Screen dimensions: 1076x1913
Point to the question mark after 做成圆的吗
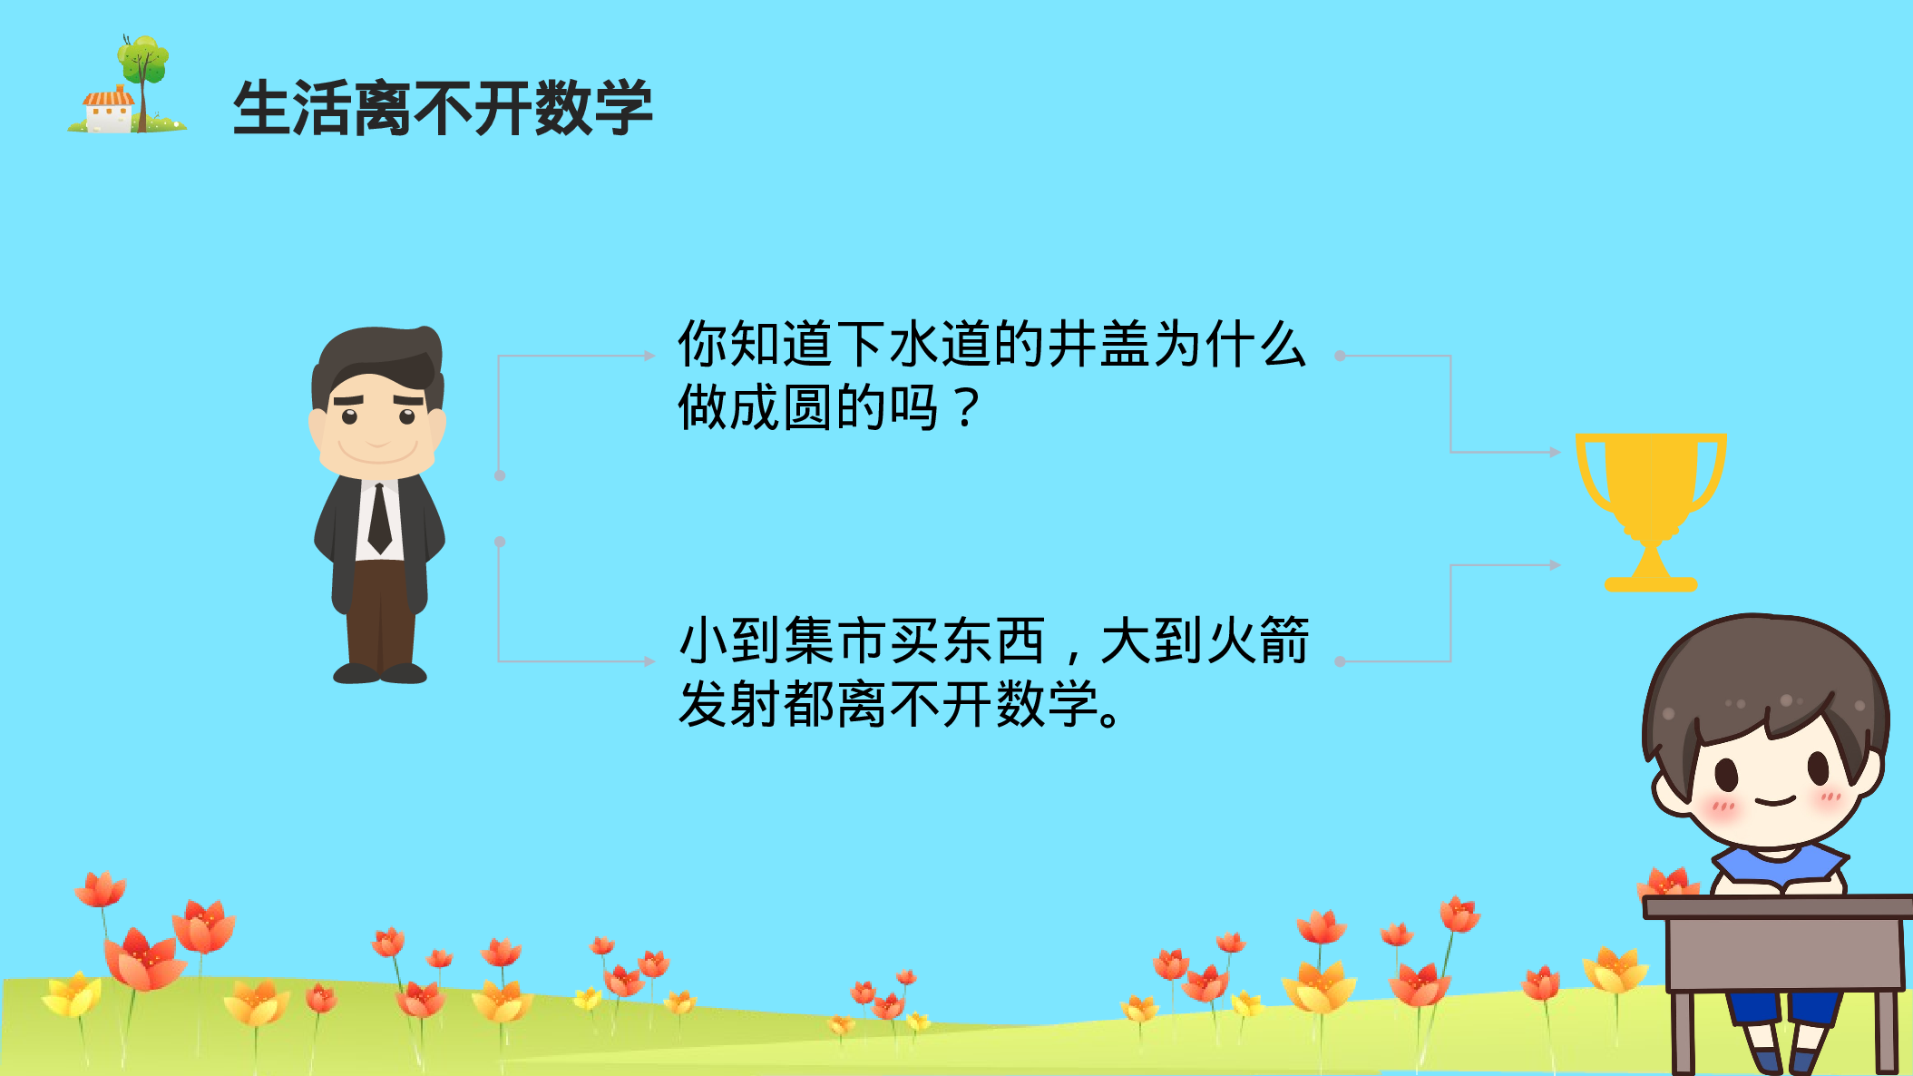pyautogui.click(x=967, y=408)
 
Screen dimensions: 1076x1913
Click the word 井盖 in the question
pyautogui.click(x=1099, y=345)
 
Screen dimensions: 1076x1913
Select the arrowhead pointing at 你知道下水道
pyautogui.click(x=649, y=356)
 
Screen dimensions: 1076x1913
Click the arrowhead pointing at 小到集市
pyautogui.click(x=649, y=661)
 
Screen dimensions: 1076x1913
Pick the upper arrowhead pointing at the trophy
pyautogui.click(x=1555, y=452)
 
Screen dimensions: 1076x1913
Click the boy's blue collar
pyautogui.click(x=1778, y=864)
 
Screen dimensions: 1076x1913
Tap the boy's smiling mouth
pyautogui.click(x=1775, y=802)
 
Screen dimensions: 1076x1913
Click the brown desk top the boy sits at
pyautogui.click(x=1778, y=906)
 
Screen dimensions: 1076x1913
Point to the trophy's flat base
pyautogui.click(x=1651, y=584)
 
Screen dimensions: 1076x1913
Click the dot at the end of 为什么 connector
pyautogui.click(x=1340, y=356)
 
